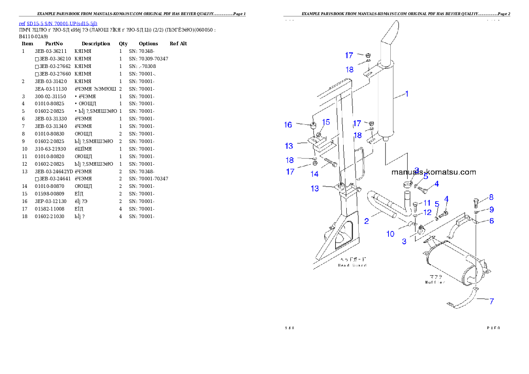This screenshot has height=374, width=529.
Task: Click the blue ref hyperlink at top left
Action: (x=58, y=23)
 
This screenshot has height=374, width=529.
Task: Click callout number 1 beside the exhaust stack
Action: (x=406, y=94)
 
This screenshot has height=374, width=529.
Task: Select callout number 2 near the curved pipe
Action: (x=366, y=221)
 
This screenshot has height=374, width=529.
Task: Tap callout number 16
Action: (x=288, y=125)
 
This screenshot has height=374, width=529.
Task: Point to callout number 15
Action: (x=326, y=122)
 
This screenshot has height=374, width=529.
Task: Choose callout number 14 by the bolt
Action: (x=314, y=174)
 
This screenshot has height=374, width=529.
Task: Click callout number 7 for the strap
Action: (x=492, y=301)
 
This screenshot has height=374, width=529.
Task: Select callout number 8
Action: (x=491, y=197)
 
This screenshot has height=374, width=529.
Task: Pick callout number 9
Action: (x=491, y=209)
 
